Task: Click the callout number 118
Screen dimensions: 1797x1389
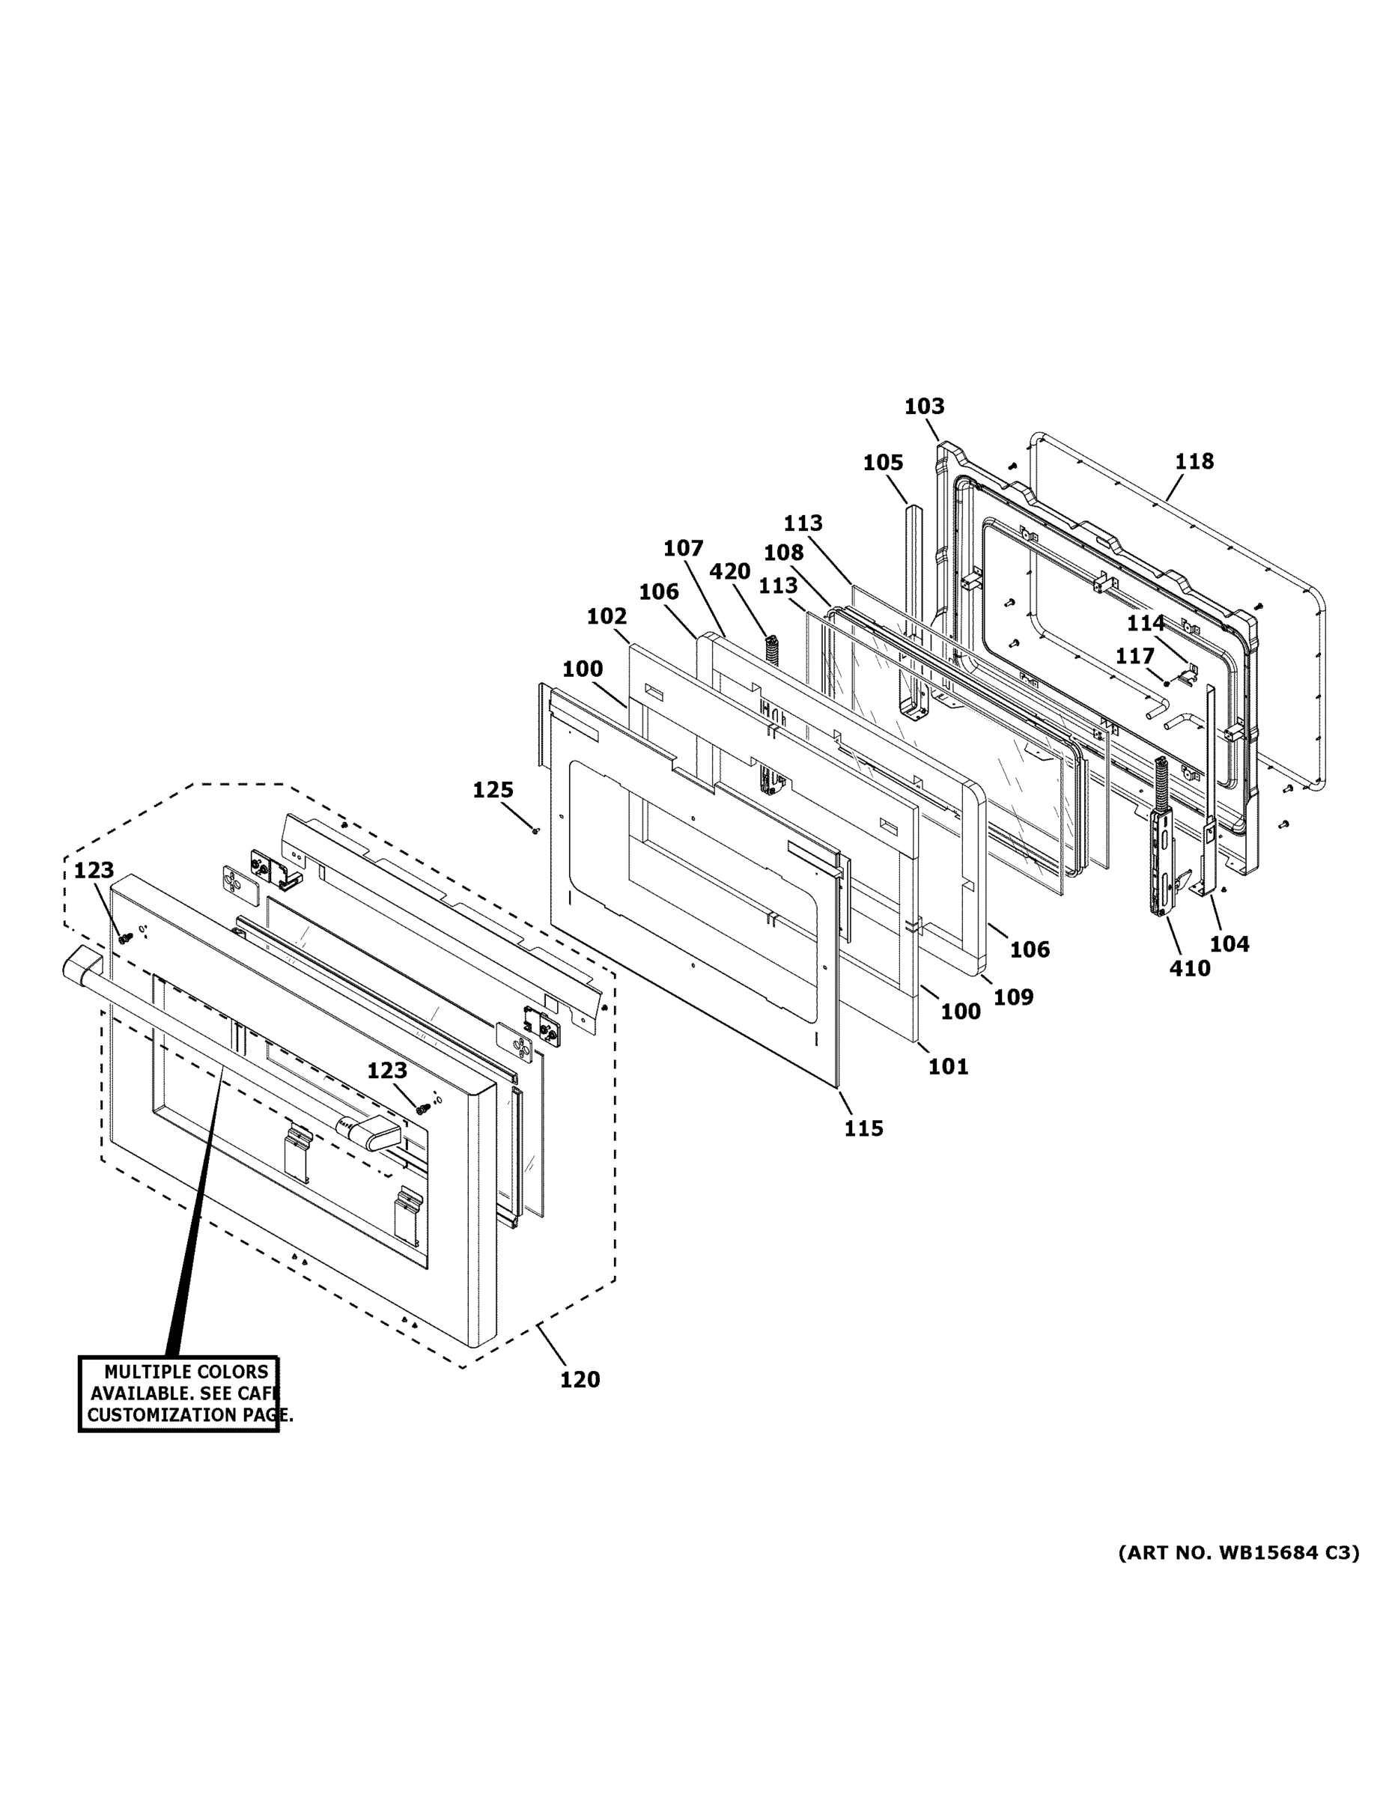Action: click(1194, 461)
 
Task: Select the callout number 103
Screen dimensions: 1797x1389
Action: click(924, 407)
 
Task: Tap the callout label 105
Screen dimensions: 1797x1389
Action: click(883, 463)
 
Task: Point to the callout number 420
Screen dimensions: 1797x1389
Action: click(730, 571)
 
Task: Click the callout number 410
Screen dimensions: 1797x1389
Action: click(1189, 968)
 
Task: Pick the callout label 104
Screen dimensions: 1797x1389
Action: click(1229, 943)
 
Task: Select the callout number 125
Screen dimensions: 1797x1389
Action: click(493, 790)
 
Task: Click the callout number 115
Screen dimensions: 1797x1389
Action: click(863, 1129)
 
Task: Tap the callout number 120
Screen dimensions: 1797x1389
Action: click(580, 1380)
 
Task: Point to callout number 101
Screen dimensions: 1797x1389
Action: click(948, 1066)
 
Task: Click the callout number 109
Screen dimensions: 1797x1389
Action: click(1013, 997)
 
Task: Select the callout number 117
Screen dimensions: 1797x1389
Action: click(1134, 656)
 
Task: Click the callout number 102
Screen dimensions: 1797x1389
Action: click(607, 616)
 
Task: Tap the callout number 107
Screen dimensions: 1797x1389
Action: click(683, 548)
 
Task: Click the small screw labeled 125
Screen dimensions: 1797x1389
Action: click(535, 831)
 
